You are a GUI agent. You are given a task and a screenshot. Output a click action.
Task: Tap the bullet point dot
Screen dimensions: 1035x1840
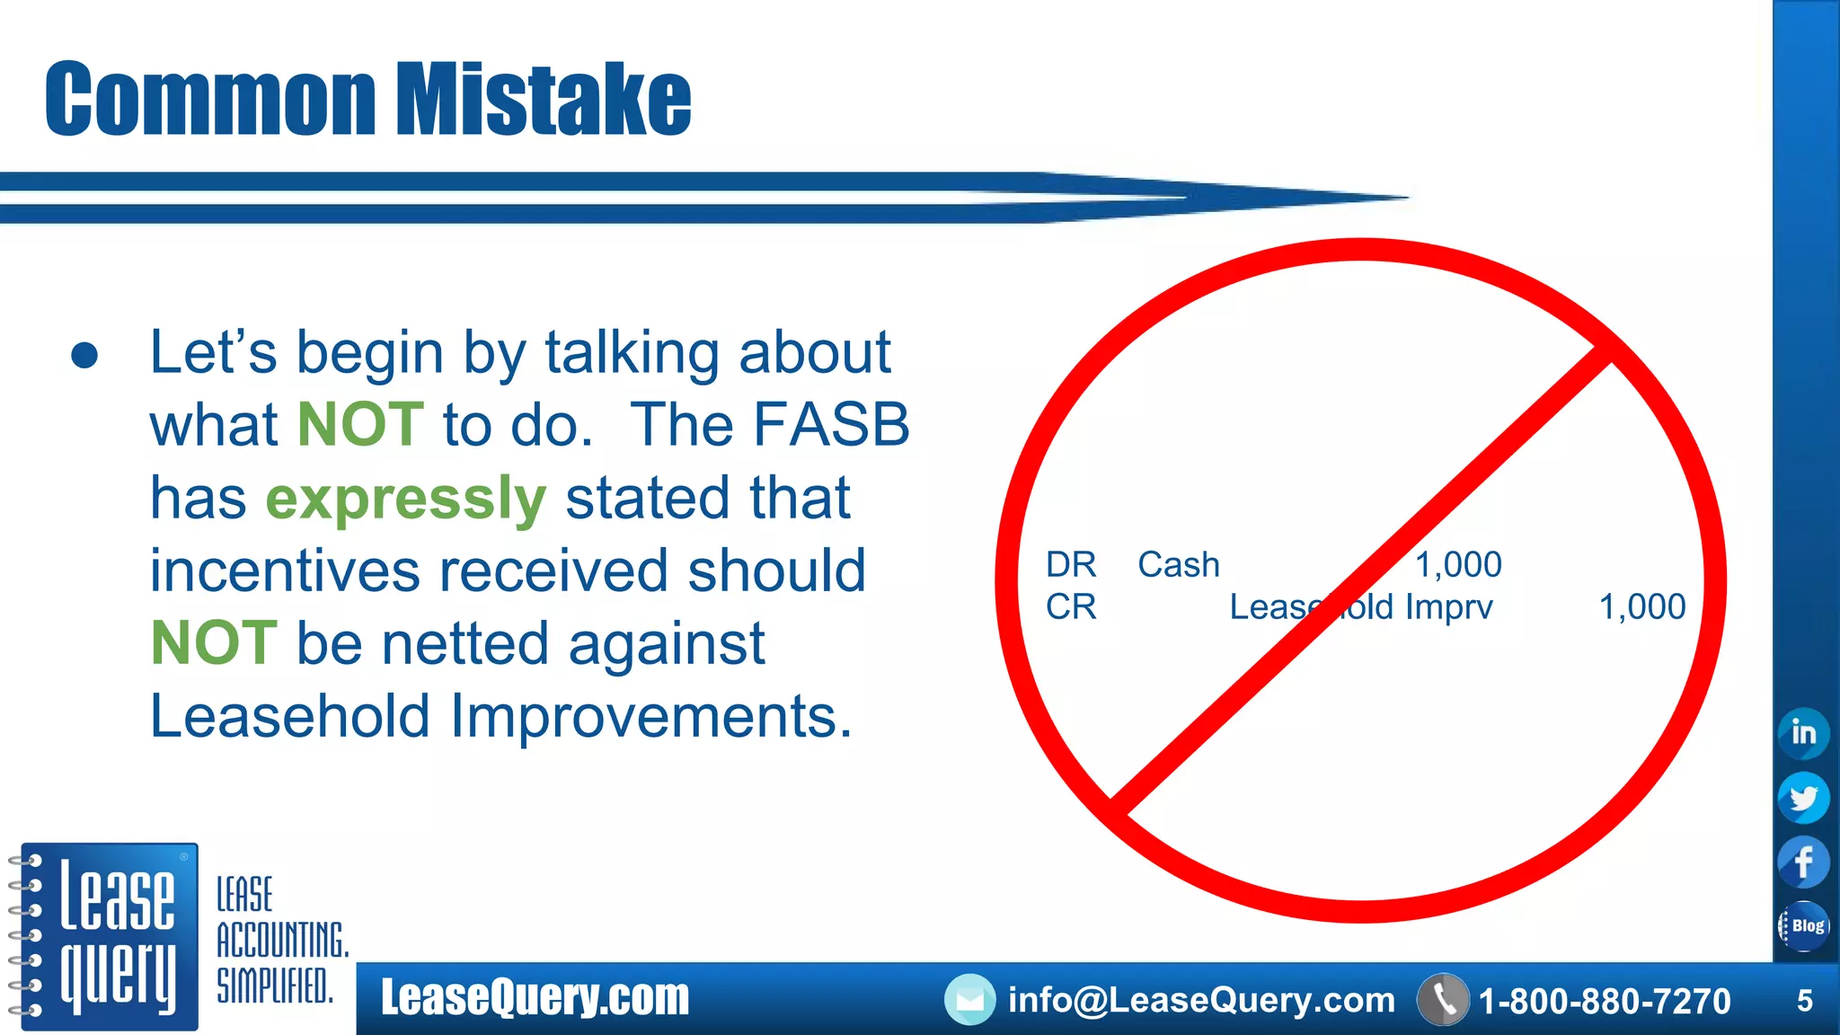(84, 356)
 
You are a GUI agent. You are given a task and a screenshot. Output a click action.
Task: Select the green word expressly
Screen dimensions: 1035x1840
(405, 499)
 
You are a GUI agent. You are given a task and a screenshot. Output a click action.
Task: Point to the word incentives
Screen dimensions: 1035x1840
(285, 571)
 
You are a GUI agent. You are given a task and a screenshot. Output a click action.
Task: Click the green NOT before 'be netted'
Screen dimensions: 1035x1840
(214, 643)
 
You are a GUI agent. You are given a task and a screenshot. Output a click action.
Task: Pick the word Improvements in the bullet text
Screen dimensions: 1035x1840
(650, 717)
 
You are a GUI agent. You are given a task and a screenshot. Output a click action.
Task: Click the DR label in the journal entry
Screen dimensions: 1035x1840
(1071, 565)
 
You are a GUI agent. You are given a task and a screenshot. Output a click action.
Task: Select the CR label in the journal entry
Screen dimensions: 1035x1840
(1071, 607)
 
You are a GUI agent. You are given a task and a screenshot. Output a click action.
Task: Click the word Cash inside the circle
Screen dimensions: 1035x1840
(1179, 565)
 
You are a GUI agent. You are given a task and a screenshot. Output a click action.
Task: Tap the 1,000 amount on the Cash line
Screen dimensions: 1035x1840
(1458, 565)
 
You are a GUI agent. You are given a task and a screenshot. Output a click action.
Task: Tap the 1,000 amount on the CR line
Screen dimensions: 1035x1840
(1641, 607)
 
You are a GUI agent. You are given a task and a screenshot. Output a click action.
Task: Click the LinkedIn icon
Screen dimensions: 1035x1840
(1803, 732)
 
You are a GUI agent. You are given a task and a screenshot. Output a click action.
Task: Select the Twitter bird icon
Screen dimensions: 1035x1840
(1803, 798)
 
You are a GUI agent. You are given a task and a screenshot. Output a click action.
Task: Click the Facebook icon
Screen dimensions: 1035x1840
(1803, 862)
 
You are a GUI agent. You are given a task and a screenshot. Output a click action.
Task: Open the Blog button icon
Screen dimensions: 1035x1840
(1804, 926)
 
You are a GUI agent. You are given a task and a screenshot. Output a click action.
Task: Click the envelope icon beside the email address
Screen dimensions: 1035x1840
(969, 1000)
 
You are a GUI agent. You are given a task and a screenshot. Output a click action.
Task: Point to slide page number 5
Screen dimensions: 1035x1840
(1804, 1001)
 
